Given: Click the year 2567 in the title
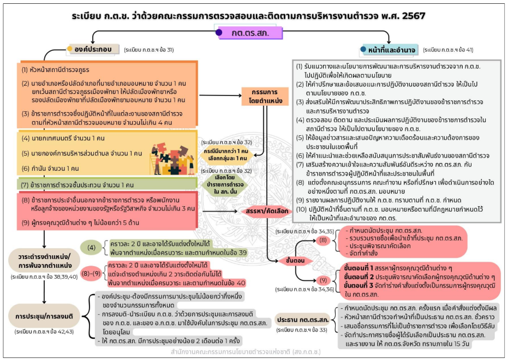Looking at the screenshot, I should coord(420,16).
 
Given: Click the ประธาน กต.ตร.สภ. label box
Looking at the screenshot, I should coord(303,319).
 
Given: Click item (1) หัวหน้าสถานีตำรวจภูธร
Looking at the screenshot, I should coord(56,70).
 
